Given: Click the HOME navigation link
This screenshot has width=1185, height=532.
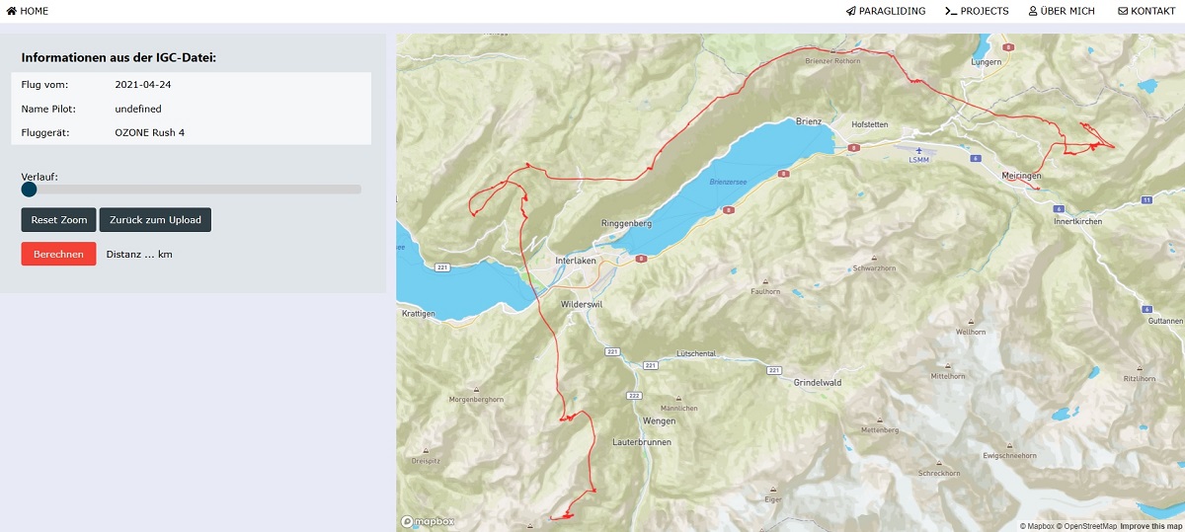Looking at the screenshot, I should [x=28, y=11].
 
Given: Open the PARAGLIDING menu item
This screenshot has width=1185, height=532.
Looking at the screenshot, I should [x=886, y=11].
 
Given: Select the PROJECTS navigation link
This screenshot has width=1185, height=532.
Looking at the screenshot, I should [x=977, y=11].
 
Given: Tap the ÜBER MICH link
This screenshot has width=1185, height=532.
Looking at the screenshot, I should [x=1062, y=11].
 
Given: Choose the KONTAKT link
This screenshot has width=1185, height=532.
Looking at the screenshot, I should [x=1145, y=11].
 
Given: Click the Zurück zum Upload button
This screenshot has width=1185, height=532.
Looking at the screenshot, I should [x=155, y=219].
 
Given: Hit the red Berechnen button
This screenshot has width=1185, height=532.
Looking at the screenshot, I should [x=58, y=254].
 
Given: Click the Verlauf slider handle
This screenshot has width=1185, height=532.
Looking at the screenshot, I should [x=29, y=189].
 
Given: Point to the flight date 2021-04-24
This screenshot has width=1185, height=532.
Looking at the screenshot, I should [x=142, y=84].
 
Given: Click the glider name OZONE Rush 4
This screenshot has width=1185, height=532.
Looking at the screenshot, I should [x=149, y=132].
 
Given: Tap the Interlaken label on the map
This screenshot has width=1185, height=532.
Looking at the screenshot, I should [x=577, y=261].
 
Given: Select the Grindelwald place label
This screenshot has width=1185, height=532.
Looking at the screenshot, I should [x=816, y=382].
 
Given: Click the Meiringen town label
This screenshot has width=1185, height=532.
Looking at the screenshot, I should [x=1022, y=175].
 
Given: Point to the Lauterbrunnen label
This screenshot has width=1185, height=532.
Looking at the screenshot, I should [x=641, y=442].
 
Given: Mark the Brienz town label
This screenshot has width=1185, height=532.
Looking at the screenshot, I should [x=809, y=121].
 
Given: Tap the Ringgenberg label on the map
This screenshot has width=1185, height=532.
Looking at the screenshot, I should [x=626, y=224].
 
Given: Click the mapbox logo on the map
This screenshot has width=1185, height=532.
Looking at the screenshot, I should [x=428, y=521].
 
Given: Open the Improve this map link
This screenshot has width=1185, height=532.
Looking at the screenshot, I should [x=1150, y=526].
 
